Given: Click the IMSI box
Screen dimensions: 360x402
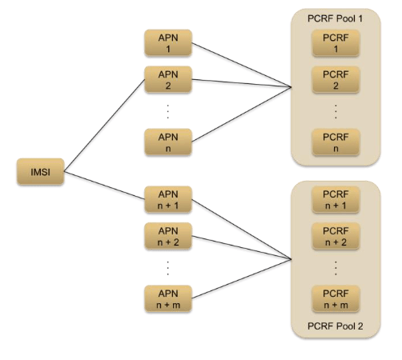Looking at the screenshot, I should (x=40, y=171).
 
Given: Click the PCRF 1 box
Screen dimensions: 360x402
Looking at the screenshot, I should (x=336, y=44).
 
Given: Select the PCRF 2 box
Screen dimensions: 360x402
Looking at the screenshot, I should (x=336, y=81).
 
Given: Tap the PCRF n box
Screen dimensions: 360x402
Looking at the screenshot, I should (x=336, y=142).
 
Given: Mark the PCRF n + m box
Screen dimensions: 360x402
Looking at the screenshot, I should (x=336, y=298).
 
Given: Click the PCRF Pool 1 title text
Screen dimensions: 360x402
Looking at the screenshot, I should (x=336, y=17).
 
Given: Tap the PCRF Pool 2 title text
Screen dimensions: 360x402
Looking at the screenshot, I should (x=336, y=327).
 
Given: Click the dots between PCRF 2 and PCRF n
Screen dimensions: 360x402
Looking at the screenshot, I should (x=336, y=110).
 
